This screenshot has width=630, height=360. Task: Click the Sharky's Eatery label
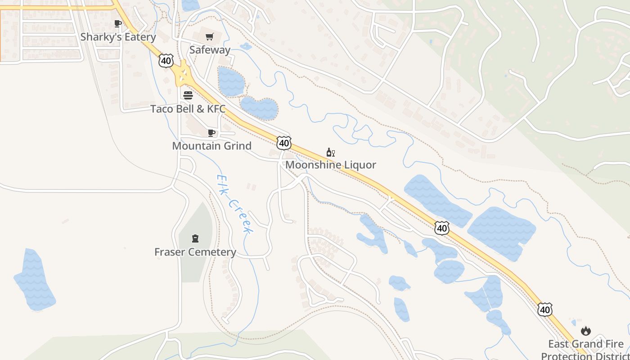(x=118, y=37)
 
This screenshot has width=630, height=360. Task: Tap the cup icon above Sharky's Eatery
(x=118, y=23)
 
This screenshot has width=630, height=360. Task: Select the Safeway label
(x=210, y=50)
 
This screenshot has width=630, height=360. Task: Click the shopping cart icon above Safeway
(x=210, y=36)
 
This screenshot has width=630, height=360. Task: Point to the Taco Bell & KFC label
(x=188, y=109)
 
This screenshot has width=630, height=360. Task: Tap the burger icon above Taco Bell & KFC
(x=188, y=95)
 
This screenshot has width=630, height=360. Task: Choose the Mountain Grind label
(x=211, y=146)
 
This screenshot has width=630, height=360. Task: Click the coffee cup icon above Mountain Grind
(x=211, y=133)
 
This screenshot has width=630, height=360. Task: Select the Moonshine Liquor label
(x=330, y=165)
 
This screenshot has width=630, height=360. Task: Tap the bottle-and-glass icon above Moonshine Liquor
(x=331, y=152)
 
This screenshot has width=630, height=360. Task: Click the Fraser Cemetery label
(x=195, y=252)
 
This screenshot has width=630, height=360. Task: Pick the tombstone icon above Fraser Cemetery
(x=195, y=238)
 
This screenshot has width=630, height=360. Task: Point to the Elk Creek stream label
(x=234, y=204)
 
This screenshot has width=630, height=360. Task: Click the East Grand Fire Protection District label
(x=585, y=350)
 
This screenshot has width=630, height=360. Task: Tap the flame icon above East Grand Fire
(x=585, y=331)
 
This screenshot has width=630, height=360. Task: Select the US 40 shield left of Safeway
(x=166, y=60)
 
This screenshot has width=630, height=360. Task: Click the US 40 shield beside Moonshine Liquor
(x=283, y=143)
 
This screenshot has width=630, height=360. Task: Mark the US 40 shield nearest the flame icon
(x=545, y=310)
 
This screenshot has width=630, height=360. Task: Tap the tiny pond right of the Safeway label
(x=246, y=46)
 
